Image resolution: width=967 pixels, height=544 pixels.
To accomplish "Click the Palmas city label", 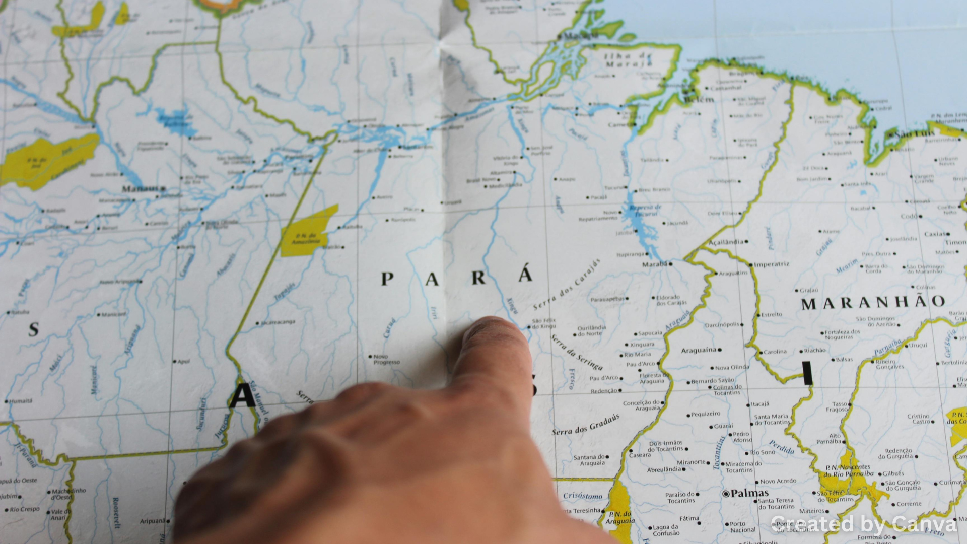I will (x=749, y=493).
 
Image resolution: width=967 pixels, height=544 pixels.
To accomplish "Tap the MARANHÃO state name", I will (x=873, y=302).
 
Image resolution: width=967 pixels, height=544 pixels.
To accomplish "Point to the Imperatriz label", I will (x=771, y=264).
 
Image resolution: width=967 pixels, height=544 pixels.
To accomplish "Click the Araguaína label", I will (x=699, y=350).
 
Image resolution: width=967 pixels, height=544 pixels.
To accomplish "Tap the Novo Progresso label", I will (x=386, y=359).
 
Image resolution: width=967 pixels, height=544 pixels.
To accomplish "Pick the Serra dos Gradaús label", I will (x=586, y=425).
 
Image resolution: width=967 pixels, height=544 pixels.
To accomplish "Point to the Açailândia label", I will (x=726, y=242).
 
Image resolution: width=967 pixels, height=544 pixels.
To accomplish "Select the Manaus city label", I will (x=141, y=189).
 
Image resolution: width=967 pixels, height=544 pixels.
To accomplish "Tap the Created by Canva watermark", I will (x=863, y=524).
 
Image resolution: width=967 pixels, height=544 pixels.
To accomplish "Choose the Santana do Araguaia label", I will (x=589, y=460).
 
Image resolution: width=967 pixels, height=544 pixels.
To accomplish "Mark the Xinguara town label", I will (x=642, y=345).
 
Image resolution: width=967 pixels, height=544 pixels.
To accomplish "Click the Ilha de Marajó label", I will (x=628, y=60).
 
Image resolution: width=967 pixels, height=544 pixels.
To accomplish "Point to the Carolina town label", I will (x=775, y=352).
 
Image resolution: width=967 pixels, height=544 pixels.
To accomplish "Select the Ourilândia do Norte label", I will (x=592, y=330).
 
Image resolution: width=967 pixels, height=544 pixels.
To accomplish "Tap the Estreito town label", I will (x=772, y=314).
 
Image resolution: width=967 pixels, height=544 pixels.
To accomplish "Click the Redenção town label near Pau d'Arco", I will (x=603, y=391).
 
